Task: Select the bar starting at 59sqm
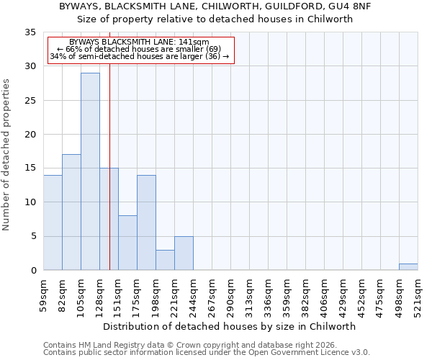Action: point(53,222)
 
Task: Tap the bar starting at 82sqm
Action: point(71,212)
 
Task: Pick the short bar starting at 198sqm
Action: point(165,260)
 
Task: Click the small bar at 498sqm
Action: point(408,267)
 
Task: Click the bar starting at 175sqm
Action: point(146,222)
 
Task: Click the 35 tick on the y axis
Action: point(31,32)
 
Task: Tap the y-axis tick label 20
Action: point(31,135)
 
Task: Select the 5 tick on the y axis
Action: point(33,237)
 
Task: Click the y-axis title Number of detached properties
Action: point(7,156)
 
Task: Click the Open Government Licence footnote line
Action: point(207,353)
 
